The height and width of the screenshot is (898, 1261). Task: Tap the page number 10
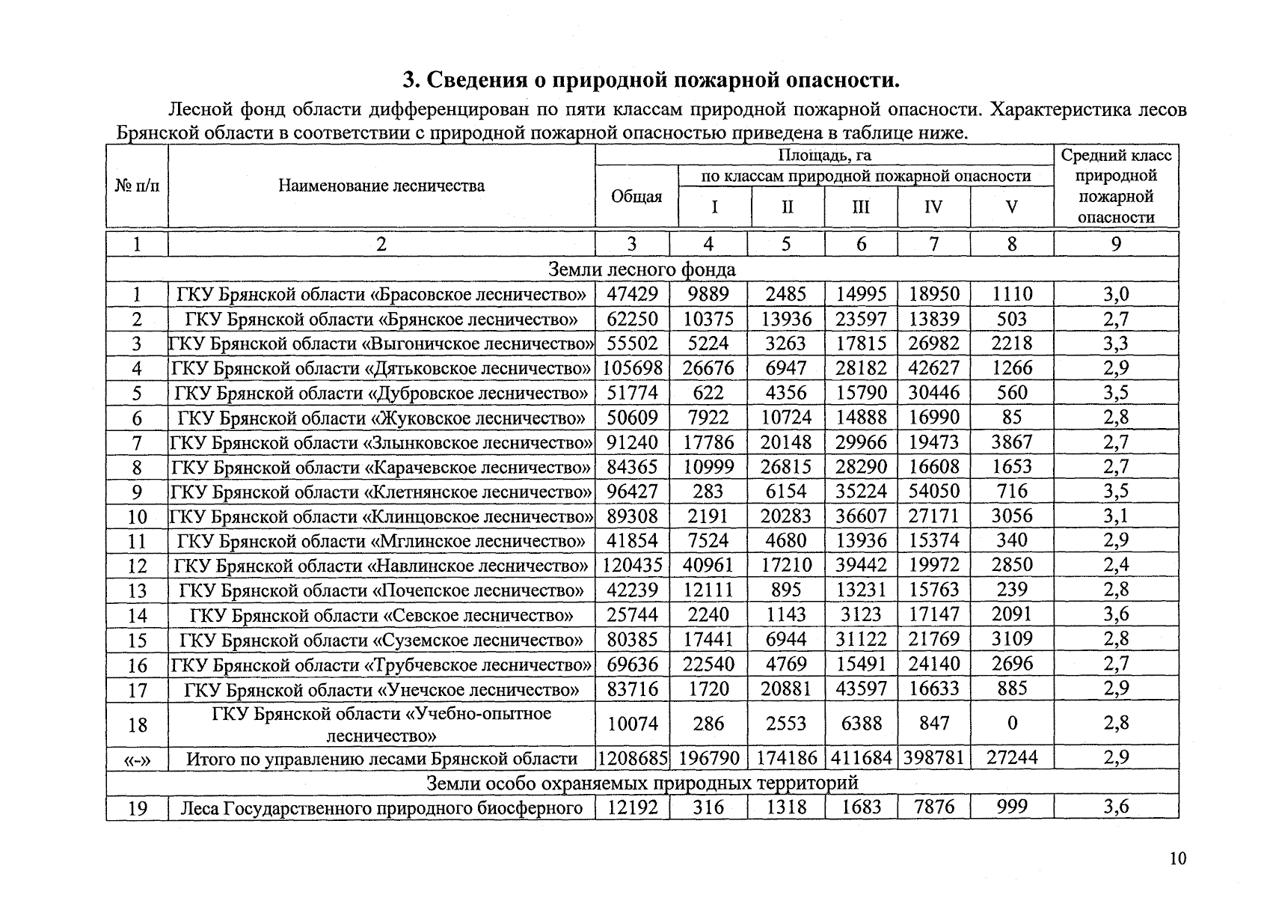[1178, 858]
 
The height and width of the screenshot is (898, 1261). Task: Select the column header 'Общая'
[636, 197]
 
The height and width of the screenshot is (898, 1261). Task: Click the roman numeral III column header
[861, 207]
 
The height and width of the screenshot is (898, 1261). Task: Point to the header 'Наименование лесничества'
[381, 186]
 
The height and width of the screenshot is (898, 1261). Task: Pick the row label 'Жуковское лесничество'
[381, 418]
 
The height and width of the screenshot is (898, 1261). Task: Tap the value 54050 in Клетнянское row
[934, 492]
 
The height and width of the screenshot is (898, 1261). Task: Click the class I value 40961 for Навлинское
[708, 565]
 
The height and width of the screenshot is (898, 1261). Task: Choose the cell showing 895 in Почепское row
[786, 590]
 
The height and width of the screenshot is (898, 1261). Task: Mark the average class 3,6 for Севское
[1116, 614]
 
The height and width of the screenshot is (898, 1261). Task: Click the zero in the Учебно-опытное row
[1012, 724]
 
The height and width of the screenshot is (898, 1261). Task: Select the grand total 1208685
[633, 758]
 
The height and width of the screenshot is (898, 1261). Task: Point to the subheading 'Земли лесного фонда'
[642, 269]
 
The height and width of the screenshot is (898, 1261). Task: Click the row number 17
[138, 689]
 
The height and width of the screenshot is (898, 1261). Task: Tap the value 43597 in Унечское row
[861, 688]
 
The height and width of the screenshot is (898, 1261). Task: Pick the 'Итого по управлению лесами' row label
[381, 759]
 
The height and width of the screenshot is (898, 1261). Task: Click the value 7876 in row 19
[934, 807]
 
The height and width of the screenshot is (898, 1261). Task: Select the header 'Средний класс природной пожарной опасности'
[1116, 186]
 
